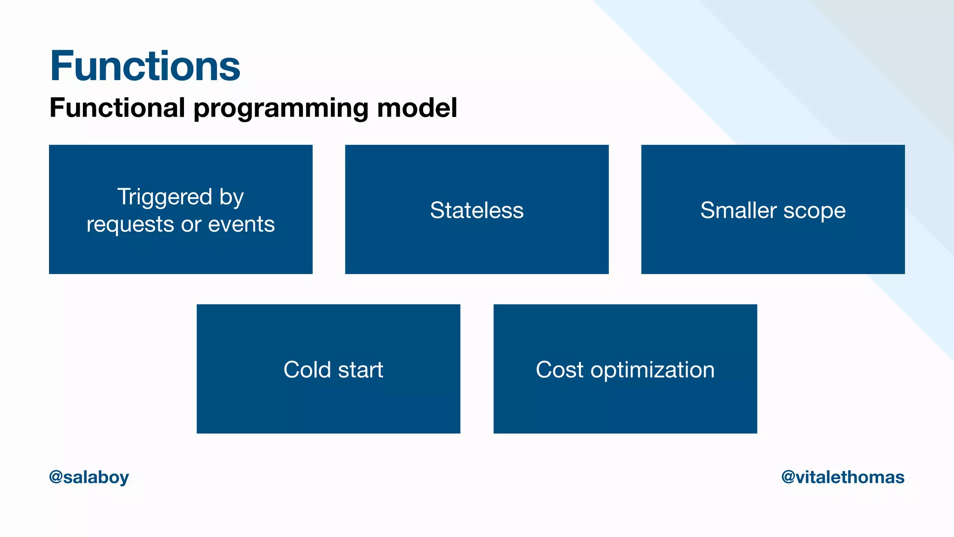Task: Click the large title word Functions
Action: click(145, 66)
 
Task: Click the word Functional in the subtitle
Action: click(117, 108)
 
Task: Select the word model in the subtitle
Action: click(416, 108)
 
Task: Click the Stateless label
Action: click(477, 210)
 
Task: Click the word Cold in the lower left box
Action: click(307, 370)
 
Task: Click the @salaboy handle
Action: click(89, 477)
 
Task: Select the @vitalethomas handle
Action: click(843, 477)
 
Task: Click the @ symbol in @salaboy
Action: click(56, 477)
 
